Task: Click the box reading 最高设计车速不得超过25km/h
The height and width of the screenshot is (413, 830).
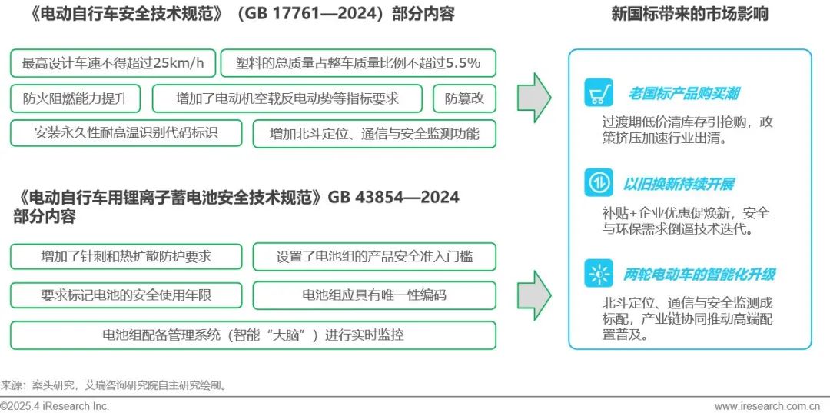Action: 113,63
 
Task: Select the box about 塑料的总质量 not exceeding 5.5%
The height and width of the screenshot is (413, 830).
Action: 358,63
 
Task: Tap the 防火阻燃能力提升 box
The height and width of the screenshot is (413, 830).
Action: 75,98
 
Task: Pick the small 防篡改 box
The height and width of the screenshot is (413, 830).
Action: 465,98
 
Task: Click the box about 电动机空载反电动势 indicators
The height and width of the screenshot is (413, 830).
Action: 287,98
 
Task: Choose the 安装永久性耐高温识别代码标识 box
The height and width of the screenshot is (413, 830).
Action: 126,133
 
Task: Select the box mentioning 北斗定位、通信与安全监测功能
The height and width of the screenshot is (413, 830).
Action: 374,134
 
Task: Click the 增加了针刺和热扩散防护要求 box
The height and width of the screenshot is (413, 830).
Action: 126,257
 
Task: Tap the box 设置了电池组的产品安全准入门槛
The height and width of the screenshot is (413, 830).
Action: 374,257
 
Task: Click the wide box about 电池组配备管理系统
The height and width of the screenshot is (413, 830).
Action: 253,335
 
